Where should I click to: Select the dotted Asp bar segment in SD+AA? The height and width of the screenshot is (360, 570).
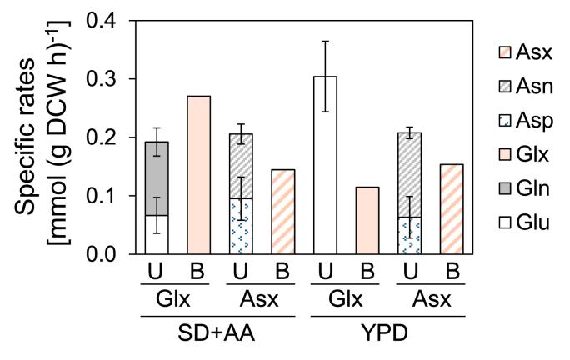pos(240,226)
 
